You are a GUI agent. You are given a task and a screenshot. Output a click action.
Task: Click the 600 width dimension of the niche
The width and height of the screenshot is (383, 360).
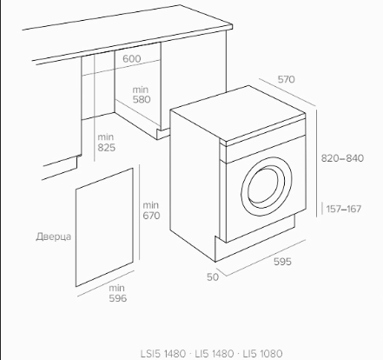click(132, 58)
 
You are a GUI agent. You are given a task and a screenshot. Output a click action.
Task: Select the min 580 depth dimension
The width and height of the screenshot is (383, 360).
click(142, 95)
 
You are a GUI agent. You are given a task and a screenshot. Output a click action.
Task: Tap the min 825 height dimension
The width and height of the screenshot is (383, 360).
click(106, 142)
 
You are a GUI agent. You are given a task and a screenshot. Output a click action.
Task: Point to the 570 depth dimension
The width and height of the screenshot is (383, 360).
click(286, 79)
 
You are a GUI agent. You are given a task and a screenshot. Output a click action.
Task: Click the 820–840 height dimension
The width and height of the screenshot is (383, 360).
click(342, 158)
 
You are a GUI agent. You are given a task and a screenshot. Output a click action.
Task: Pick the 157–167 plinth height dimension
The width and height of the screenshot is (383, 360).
click(344, 209)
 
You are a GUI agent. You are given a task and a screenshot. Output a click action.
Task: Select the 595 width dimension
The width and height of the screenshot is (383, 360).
click(282, 262)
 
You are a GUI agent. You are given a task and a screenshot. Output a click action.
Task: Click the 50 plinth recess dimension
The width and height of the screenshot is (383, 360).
click(213, 277)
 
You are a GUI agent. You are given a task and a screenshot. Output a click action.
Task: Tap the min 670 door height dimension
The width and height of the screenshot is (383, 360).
click(151, 210)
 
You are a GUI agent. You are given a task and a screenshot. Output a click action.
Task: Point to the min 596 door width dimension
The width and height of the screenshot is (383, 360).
click(117, 293)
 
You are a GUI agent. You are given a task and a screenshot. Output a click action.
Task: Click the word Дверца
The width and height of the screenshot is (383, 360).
click(54, 237)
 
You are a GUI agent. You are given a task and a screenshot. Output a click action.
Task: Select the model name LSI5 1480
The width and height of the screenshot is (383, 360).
click(163, 354)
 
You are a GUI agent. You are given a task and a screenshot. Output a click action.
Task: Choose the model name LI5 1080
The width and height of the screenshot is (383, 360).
click(262, 354)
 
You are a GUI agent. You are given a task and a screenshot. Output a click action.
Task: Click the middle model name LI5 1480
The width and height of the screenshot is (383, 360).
click(215, 354)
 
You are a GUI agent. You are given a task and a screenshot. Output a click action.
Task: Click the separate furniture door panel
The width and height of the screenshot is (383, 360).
click(104, 227)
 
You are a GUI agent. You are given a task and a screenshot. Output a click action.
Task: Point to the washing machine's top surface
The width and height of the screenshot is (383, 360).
click(237, 112)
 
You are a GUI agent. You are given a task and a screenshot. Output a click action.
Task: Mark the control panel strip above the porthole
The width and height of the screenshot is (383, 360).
click(265, 148)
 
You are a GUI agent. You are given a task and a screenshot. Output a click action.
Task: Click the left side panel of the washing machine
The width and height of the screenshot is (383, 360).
click(194, 183)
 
